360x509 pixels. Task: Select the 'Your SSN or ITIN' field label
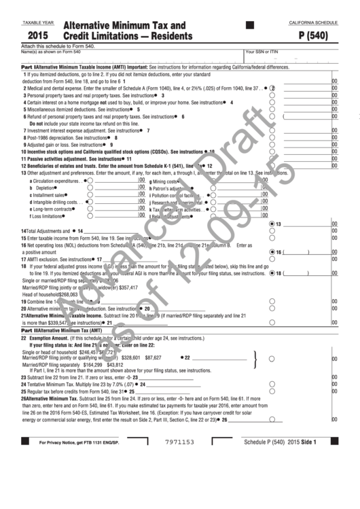pyautogui.click(x=262, y=52)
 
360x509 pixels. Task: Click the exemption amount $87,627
pyautogui.click(x=153, y=356)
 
